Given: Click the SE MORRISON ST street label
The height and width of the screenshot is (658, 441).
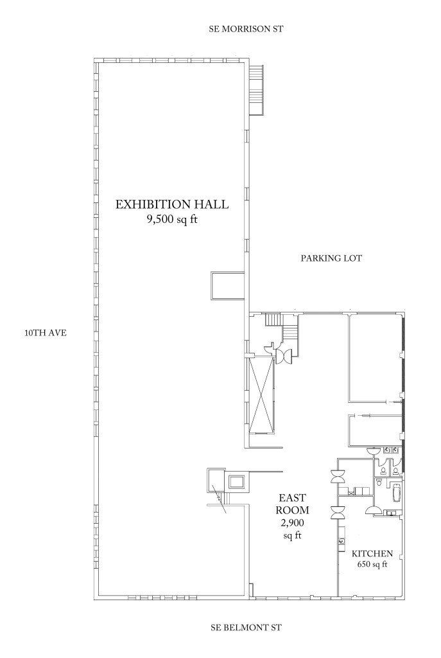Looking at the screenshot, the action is (x=246, y=30).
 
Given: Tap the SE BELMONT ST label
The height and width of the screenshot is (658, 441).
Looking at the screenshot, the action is (x=246, y=628).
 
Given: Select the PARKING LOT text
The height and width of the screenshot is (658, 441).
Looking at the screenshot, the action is (x=331, y=258).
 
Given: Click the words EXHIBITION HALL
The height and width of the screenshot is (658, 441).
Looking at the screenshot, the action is (x=172, y=204).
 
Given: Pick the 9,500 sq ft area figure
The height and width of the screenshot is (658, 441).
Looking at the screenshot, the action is (x=171, y=220).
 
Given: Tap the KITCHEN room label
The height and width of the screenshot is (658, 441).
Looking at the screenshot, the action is (x=372, y=553).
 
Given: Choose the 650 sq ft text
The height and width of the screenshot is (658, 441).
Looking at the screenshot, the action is (x=372, y=564).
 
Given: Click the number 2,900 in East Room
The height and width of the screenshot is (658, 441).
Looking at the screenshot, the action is (x=293, y=523).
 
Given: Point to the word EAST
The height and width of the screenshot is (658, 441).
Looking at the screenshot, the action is (x=293, y=498).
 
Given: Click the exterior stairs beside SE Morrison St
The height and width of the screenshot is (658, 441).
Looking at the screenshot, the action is (x=255, y=90).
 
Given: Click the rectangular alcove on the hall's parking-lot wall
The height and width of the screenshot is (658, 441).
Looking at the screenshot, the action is (x=227, y=286).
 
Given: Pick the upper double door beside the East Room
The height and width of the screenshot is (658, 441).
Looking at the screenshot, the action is (x=338, y=477).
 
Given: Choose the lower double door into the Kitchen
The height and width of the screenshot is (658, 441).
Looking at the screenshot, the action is (x=338, y=512).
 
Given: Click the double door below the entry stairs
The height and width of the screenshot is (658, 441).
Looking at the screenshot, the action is (x=284, y=356).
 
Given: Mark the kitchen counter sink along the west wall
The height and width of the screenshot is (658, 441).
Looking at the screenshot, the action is (x=342, y=540).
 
